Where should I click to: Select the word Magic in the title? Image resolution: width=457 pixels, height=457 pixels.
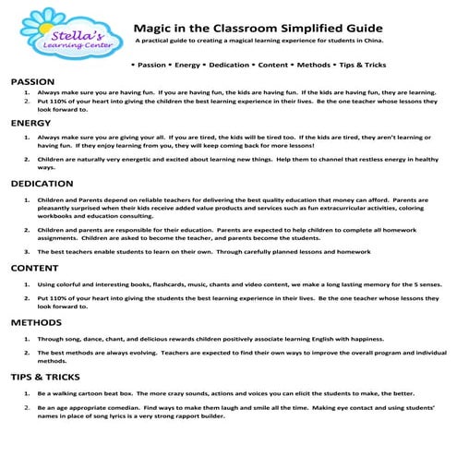click(x=151, y=29)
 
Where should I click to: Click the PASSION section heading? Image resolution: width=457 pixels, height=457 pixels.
click(x=32, y=82)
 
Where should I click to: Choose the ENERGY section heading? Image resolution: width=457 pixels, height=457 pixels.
click(x=30, y=123)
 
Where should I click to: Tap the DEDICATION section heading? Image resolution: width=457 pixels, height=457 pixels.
click(x=42, y=185)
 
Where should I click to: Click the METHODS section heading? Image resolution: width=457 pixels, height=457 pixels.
click(x=36, y=323)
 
